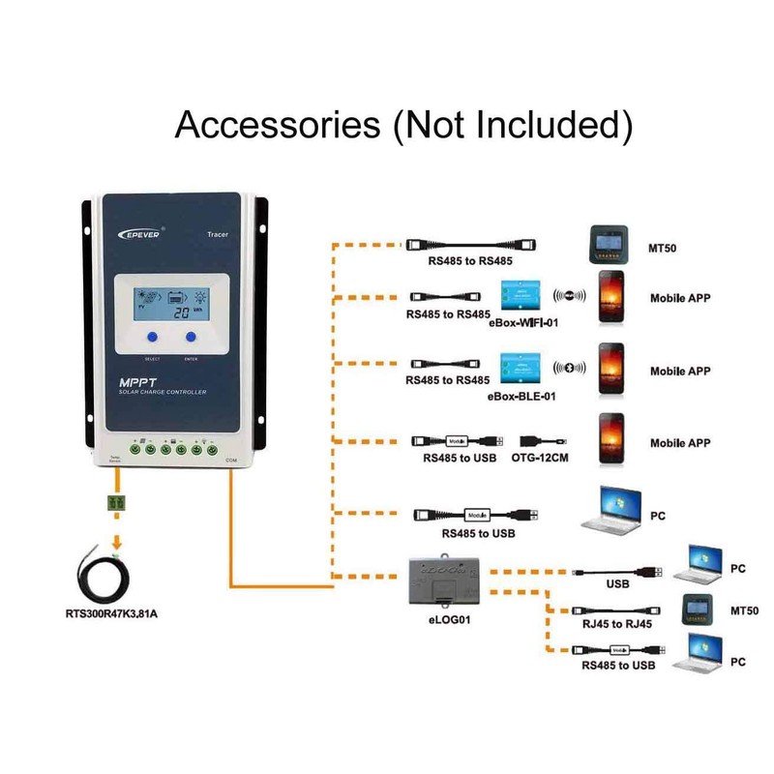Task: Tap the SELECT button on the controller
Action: (152, 338)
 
